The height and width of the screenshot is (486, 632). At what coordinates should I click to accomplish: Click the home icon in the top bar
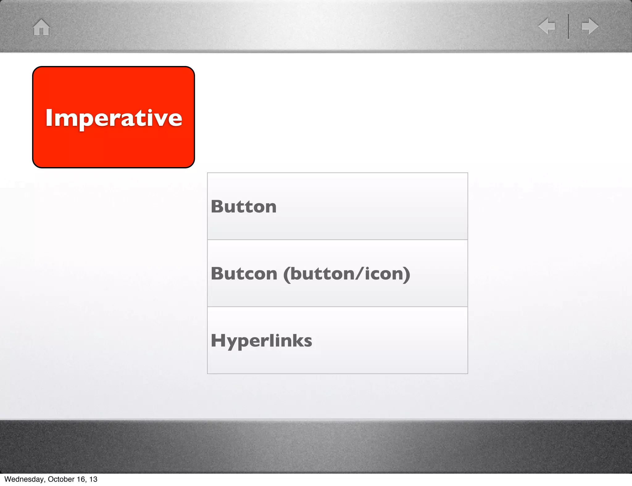41,27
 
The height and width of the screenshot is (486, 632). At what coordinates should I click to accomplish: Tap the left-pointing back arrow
547,26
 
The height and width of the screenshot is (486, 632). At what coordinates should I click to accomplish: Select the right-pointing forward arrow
590,26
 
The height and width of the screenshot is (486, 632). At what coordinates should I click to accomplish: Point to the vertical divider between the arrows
568,26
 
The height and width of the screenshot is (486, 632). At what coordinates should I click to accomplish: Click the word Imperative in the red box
114,118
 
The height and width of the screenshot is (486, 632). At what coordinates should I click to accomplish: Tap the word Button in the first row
243,207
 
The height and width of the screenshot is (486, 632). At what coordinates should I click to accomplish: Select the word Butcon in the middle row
244,274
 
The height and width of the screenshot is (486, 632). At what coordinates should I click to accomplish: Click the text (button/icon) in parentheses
347,274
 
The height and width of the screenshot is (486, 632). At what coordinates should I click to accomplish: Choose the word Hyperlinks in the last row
261,341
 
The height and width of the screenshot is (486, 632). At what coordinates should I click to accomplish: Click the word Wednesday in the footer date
24,479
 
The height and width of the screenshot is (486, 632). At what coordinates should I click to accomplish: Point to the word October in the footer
61,479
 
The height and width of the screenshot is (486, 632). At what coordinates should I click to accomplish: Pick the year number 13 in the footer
94,479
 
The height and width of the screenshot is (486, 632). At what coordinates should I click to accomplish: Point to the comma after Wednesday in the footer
45,481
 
